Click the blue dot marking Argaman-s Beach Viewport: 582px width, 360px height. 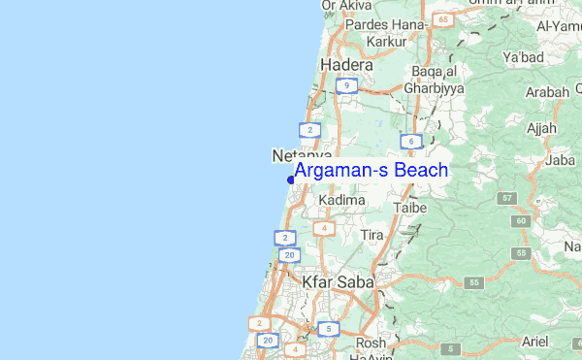pyautogui.click(x=291, y=180)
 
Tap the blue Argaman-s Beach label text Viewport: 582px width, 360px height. pyautogui.click(x=371, y=171)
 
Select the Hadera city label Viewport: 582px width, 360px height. pyautogui.click(x=346, y=65)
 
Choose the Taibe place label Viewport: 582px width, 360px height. pyautogui.click(x=410, y=207)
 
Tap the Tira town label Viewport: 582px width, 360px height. pyautogui.click(x=372, y=236)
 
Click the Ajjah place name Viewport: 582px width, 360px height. pyautogui.click(x=538, y=128)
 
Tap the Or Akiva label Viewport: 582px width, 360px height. pyautogui.click(x=347, y=5)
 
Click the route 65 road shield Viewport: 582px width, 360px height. pyautogui.click(x=443, y=18)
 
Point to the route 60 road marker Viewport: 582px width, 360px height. pyautogui.click(x=521, y=221)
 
